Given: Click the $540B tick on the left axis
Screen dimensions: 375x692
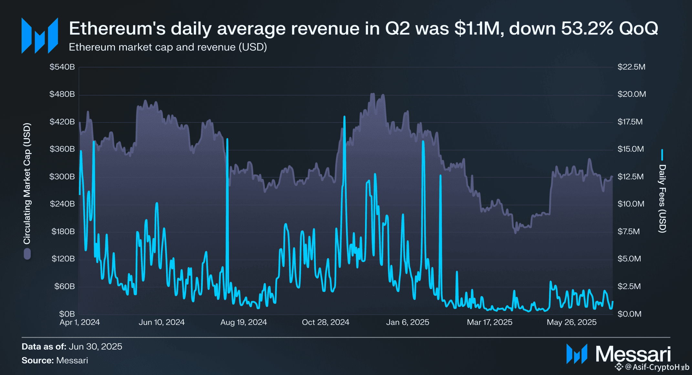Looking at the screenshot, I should (62, 67).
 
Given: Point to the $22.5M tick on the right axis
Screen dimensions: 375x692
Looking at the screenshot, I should (631, 67).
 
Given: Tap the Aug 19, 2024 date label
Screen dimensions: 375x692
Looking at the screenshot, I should (244, 322).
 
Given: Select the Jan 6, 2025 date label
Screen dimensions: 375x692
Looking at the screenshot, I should (407, 322).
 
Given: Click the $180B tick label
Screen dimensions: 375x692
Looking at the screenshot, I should (63, 231).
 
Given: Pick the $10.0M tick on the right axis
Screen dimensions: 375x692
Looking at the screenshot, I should (631, 204).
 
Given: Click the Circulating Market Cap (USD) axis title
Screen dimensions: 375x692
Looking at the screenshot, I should (27, 183).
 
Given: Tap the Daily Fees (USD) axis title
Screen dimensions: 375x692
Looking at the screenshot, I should (662, 198).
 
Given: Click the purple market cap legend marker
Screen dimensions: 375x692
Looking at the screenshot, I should (27, 254).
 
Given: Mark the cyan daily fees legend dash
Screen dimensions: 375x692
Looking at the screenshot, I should (662, 155).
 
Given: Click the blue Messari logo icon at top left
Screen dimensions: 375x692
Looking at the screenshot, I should (40, 35).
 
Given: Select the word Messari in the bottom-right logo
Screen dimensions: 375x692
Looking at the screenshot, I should (633, 354).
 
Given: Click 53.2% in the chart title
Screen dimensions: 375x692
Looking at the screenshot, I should (587, 28).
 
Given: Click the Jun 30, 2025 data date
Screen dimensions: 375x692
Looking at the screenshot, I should (95, 347).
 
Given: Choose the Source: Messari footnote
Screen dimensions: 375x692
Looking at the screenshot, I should (55, 360).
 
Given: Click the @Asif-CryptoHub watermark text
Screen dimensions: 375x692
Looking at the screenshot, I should (657, 367).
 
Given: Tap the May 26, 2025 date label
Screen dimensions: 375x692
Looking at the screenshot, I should (571, 322).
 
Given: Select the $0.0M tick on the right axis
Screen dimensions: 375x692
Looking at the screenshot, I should (629, 314).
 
